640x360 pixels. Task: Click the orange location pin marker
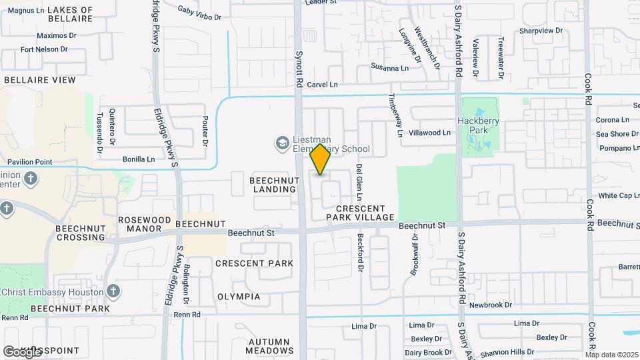pyautogui.click(x=321, y=159)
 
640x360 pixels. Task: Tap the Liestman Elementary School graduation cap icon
pyautogui.click(x=282, y=143)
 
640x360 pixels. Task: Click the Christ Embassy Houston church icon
pyautogui.click(x=113, y=291)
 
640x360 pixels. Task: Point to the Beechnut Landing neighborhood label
pyautogui.click(x=273, y=185)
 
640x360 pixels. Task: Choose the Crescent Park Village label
pyautogui.click(x=360, y=213)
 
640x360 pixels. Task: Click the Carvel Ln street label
pyautogui.click(x=323, y=85)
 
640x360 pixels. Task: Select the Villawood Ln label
pyautogui.click(x=429, y=133)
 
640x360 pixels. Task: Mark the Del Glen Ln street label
pyautogui.click(x=359, y=182)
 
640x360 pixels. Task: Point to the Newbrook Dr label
pyautogui.click(x=490, y=305)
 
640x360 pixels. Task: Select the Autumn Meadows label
pyautogui.click(x=270, y=345)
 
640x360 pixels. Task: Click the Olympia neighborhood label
pyautogui.click(x=239, y=296)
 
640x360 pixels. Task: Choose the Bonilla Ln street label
pyautogui.click(x=139, y=159)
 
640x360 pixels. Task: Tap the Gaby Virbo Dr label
pyautogui.click(x=199, y=12)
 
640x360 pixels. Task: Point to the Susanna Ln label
pyautogui.click(x=389, y=68)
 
